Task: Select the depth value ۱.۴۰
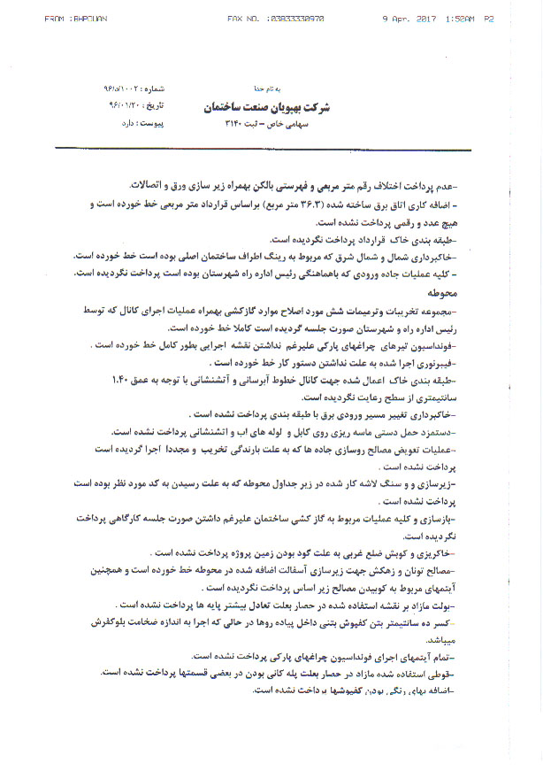119,378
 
